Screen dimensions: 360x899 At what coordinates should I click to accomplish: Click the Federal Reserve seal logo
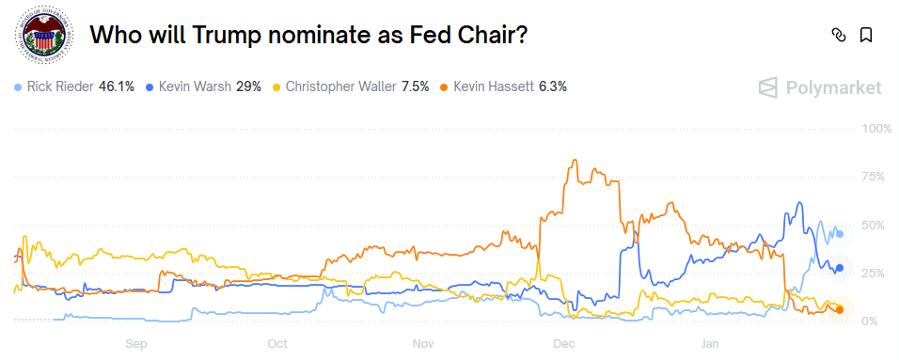pyautogui.click(x=40, y=35)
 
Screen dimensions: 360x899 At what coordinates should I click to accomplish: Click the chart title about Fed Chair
pyautogui.click(x=308, y=35)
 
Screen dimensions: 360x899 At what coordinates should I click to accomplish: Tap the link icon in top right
pyautogui.click(x=838, y=35)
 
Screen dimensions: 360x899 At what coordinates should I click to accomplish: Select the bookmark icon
pyautogui.click(x=866, y=35)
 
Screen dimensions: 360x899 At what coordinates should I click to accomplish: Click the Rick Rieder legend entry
pyautogui.click(x=74, y=86)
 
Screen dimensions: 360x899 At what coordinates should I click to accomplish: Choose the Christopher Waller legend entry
pyautogui.click(x=351, y=86)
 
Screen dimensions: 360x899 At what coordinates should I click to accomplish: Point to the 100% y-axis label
pyautogui.click(x=875, y=128)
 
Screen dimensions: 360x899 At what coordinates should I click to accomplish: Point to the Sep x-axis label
pyautogui.click(x=137, y=344)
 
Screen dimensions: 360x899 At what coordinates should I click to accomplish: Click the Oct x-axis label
pyautogui.click(x=277, y=344)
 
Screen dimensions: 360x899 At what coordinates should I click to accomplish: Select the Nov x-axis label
pyautogui.click(x=423, y=344)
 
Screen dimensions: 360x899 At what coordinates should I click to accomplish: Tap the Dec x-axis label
pyautogui.click(x=564, y=344)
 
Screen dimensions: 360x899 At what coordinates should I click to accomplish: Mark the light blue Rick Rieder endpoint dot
pyautogui.click(x=840, y=233)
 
